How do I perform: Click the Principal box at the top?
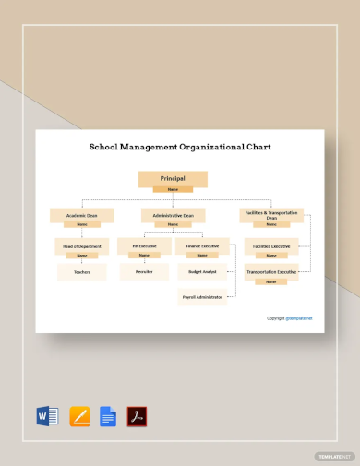point(173,178)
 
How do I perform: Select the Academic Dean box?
point(81,216)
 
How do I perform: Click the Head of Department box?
point(81,246)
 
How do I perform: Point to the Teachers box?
point(81,272)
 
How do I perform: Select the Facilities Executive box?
point(270,246)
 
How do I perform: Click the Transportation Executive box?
point(270,272)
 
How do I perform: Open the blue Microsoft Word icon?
point(47,416)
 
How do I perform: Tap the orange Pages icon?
point(78,416)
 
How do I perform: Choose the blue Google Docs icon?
point(107,416)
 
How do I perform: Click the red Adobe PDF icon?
point(138,416)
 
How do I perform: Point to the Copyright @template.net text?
point(290,318)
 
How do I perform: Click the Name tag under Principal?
point(173,189)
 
